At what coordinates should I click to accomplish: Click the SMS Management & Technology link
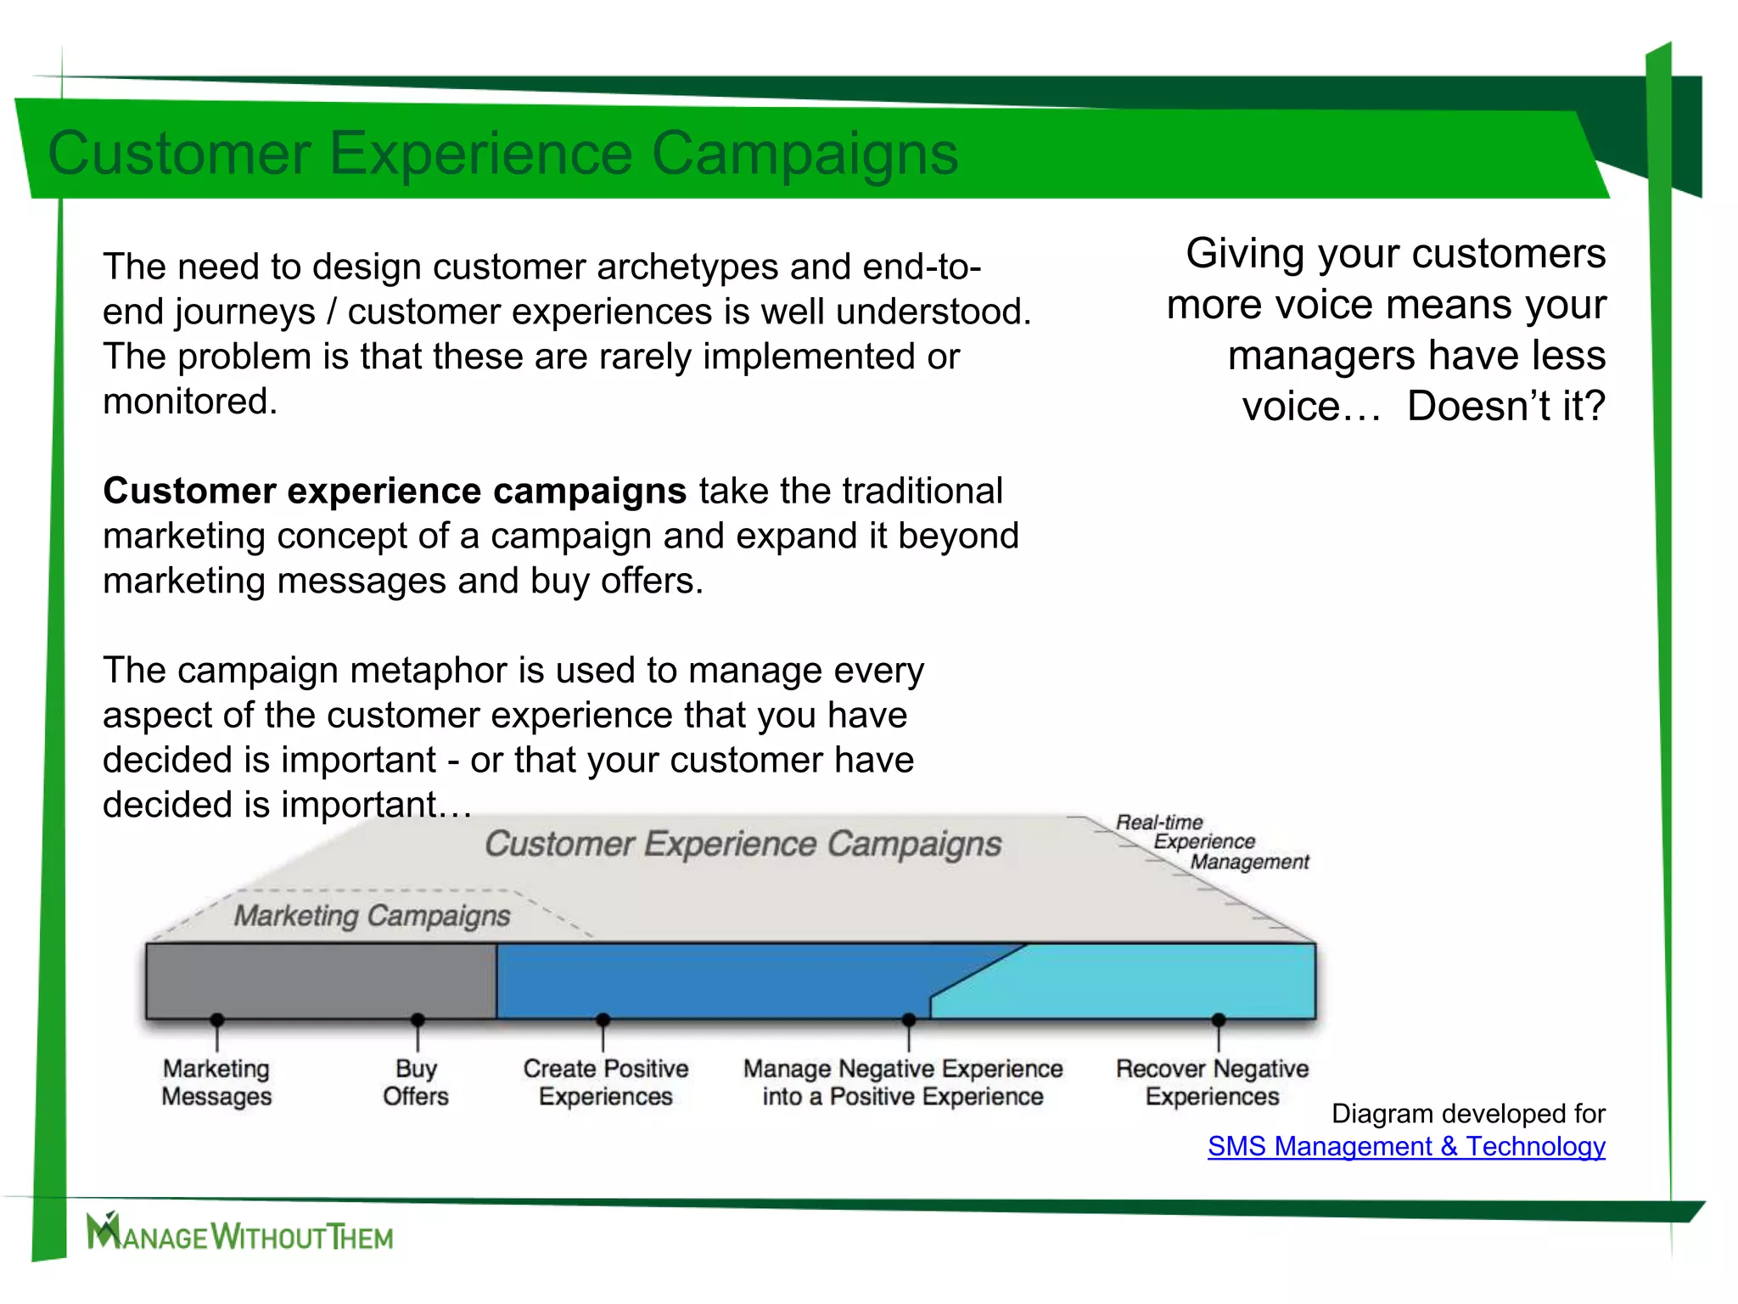click(x=1406, y=1146)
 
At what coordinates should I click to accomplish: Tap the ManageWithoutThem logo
click(x=240, y=1233)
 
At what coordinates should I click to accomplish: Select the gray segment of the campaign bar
click(x=321, y=981)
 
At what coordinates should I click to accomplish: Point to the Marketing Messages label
click(x=216, y=1082)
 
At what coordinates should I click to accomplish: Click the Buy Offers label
click(x=416, y=1082)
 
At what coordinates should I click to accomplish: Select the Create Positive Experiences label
click(x=605, y=1082)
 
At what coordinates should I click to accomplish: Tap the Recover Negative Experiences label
click(x=1212, y=1082)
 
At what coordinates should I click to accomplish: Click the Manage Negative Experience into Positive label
click(x=903, y=1082)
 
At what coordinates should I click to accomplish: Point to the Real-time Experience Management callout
click(x=1212, y=842)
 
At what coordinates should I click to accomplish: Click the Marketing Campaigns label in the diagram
click(x=372, y=916)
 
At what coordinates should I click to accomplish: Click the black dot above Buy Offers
click(x=418, y=1020)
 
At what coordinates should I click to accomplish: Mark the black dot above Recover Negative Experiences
click(x=1219, y=1020)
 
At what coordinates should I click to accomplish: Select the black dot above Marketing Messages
click(x=217, y=1020)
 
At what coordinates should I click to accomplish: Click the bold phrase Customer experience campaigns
click(x=395, y=491)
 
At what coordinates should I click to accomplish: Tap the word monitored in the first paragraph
click(x=189, y=401)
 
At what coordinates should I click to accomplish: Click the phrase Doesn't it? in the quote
click(x=1505, y=406)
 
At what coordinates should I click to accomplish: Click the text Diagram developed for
click(x=1468, y=1113)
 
